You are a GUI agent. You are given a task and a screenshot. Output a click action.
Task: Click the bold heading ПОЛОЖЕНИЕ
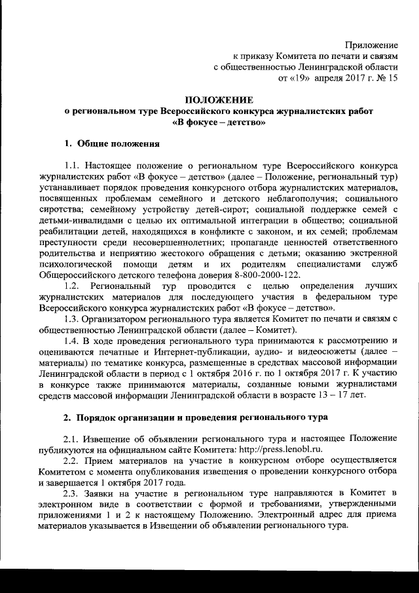pyautogui.click(x=218, y=100)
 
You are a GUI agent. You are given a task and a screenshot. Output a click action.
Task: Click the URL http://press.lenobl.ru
pyautogui.click(x=282, y=449)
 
